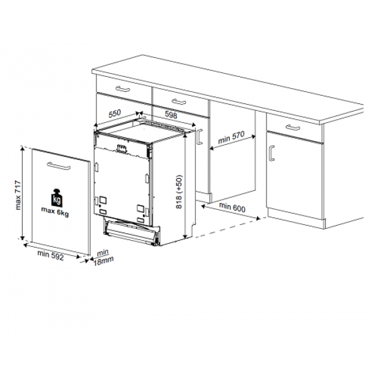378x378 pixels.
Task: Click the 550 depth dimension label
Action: pyautogui.click(x=115, y=114)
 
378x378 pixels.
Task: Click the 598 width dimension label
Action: pyautogui.click(x=171, y=115)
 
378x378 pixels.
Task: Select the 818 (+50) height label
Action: pyautogui.click(x=179, y=192)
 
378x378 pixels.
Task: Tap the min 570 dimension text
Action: pyautogui.click(x=231, y=137)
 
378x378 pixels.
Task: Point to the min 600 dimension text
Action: pyautogui.click(x=232, y=207)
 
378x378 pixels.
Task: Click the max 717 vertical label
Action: pyautogui.click(x=18, y=195)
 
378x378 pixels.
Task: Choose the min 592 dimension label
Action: pyautogui.click(x=50, y=256)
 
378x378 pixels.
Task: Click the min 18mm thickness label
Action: pyautogui.click(x=103, y=258)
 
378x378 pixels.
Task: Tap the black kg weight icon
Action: pyautogui.click(x=57, y=198)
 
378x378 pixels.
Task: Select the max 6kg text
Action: pyautogui.click(x=55, y=212)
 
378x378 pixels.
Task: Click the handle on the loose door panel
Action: pyautogui.click(x=59, y=166)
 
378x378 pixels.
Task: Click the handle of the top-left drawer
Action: pyautogui.click(x=123, y=89)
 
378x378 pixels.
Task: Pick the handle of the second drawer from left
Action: pyautogui.click(x=179, y=101)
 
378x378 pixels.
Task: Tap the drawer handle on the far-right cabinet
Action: pyautogui.click(x=293, y=127)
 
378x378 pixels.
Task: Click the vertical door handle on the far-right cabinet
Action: pyautogui.click(x=272, y=153)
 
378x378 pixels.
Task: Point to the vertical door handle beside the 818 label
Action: pyautogui.click(x=199, y=137)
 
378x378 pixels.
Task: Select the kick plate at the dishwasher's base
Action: pyautogui.click(x=132, y=231)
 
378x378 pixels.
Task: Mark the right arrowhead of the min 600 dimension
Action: pyautogui.click(x=258, y=219)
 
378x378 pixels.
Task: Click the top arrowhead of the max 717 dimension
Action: pyautogui.click(x=23, y=148)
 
